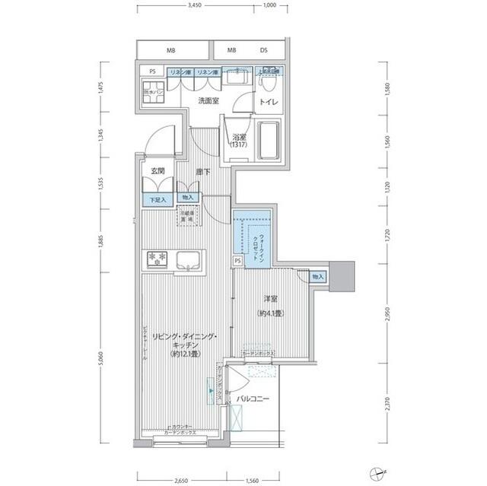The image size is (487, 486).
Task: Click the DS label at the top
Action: point(263,51)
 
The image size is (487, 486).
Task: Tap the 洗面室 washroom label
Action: point(209,100)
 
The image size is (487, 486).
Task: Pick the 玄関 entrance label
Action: point(158,171)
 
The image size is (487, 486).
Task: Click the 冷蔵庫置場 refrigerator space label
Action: point(186,216)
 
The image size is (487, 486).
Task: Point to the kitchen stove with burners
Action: point(158,259)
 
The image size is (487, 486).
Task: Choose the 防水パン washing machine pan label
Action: point(152,94)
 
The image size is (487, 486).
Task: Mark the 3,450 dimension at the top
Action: point(196,6)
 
